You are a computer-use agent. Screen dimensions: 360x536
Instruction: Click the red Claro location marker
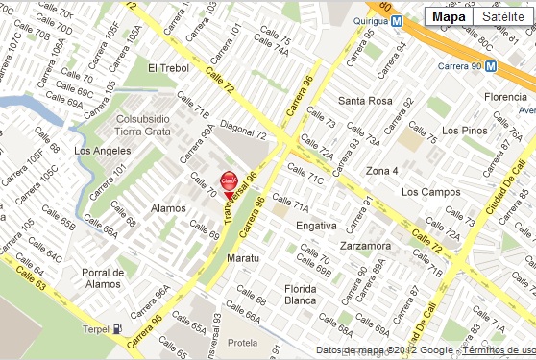229,180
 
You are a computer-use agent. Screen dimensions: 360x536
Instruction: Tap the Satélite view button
503,16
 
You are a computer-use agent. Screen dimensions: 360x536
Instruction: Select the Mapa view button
449,16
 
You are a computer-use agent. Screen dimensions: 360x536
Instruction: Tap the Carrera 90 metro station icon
490,66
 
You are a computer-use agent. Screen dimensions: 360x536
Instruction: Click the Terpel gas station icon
117,329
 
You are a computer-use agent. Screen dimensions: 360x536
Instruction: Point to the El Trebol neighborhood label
169,69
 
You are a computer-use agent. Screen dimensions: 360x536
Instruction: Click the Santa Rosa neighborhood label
365,101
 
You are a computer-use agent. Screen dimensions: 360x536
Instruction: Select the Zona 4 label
381,170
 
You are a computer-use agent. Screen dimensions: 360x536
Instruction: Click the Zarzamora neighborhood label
365,246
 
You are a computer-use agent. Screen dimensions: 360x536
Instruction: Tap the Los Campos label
426,192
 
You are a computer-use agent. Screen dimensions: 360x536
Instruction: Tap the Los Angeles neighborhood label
101,151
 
